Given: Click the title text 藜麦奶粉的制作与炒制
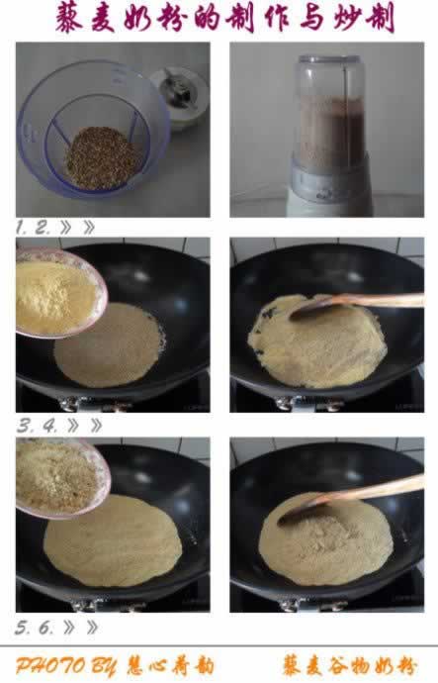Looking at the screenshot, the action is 224,18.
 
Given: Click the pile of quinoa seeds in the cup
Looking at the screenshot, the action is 103,157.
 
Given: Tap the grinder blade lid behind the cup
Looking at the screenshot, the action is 180,96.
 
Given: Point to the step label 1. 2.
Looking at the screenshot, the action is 33,227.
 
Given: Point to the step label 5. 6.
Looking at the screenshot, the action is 35,628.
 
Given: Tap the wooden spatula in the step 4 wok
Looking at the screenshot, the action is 357,304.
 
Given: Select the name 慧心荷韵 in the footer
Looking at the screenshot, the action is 170,666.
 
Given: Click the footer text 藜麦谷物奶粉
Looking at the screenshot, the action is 349,666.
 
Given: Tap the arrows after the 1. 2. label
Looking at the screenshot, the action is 77,227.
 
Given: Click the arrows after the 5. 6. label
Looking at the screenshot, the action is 80,628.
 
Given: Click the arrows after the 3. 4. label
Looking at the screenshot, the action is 85,426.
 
